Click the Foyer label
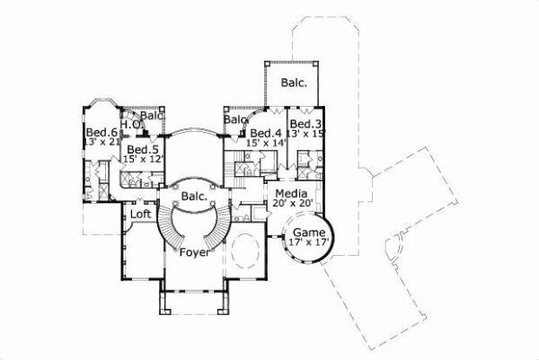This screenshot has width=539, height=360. click(x=194, y=253)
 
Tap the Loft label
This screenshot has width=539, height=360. click(x=140, y=215)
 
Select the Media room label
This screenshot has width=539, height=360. click(x=292, y=194)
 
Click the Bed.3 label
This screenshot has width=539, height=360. click(x=305, y=123)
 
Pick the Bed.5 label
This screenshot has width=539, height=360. click(x=143, y=149)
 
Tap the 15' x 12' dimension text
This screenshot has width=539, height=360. click(x=144, y=158)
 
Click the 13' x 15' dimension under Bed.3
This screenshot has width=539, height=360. click(x=305, y=133)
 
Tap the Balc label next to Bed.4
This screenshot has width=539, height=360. click(x=235, y=119)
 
